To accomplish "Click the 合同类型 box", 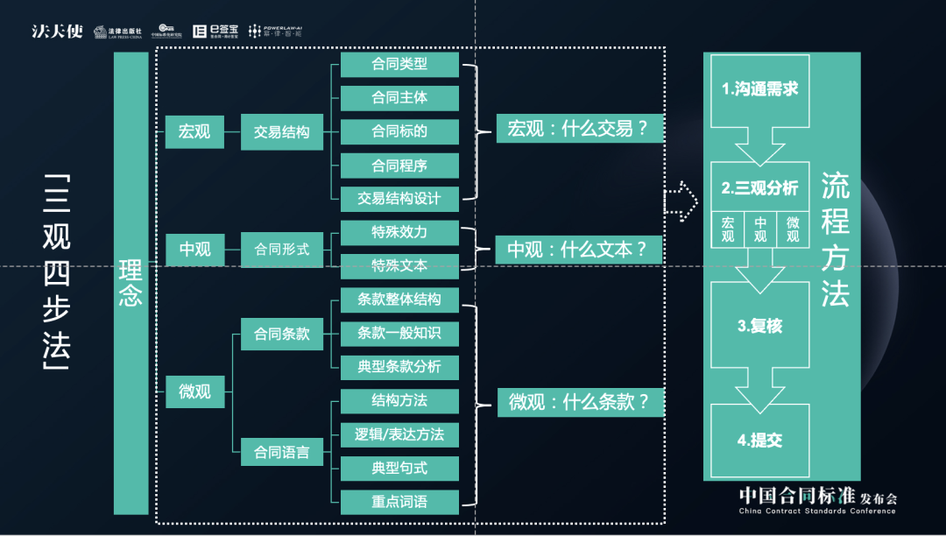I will click(x=399, y=64).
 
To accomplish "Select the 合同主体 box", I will click(x=399, y=97).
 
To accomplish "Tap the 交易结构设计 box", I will click(x=399, y=198).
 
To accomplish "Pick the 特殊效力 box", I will click(x=399, y=232).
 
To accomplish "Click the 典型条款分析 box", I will click(x=399, y=367).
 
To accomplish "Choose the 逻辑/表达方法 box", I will click(x=399, y=434).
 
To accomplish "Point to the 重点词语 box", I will click(x=399, y=502).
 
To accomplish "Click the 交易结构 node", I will click(x=281, y=132).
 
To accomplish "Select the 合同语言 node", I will click(x=281, y=452).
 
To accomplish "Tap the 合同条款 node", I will click(x=281, y=334).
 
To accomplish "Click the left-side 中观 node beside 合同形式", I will click(x=194, y=250).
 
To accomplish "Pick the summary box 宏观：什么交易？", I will click(x=578, y=130).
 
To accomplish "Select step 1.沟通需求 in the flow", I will click(x=759, y=89).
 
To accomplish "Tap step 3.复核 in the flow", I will click(x=759, y=326).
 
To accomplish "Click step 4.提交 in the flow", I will click(x=759, y=441).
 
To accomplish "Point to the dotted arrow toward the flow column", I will click(x=681, y=201).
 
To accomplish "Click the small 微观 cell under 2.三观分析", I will click(x=793, y=229).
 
